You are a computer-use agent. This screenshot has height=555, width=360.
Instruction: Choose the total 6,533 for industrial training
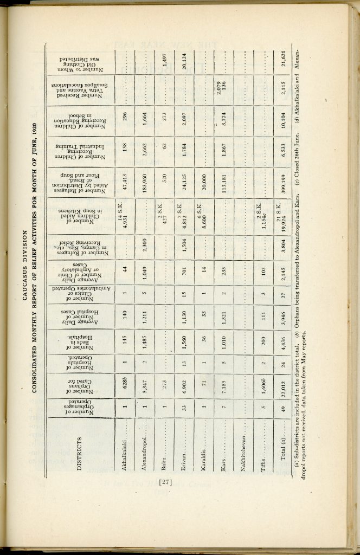coord(284,153)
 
